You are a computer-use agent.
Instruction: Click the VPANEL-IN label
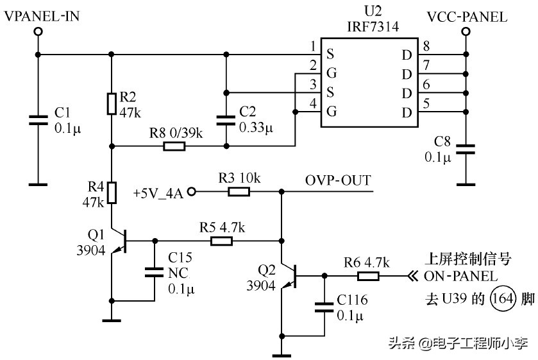(42, 17)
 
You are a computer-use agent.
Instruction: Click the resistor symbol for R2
(112, 103)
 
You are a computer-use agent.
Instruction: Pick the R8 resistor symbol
(174, 146)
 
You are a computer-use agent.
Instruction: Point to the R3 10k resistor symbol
(239, 191)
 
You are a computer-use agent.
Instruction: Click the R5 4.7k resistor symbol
(221, 241)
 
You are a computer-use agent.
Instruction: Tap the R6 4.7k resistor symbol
(368, 276)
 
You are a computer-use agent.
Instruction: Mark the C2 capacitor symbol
(226, 120)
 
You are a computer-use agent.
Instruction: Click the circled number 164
(498, 298)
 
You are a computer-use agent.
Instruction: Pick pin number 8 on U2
(426, 46)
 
